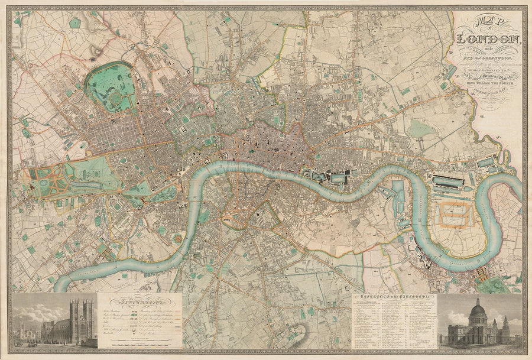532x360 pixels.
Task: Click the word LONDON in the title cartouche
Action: click(x=488, y=40)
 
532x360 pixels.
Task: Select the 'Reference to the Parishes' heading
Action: click(x=394, y=297)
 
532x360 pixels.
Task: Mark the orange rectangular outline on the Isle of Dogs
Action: click(x=453, y=215)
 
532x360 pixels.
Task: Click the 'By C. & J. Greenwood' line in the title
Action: click(x=488, y=59)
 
